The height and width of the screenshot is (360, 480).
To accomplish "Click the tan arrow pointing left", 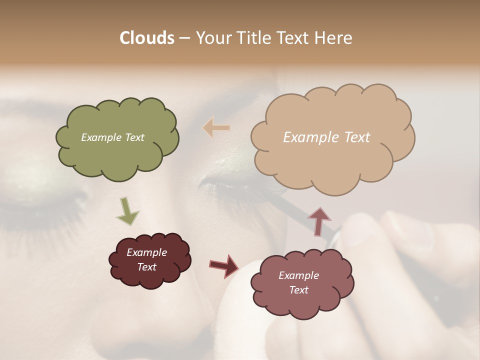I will pyautogui.click(x=216, y=128).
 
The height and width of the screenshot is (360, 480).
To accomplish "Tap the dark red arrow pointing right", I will pyautogui.click(x=224, y=265).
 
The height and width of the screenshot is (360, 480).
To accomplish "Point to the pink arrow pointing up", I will pyautogui.click(x=319, y=220).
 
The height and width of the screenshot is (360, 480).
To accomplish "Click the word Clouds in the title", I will pyautogui.click(x=147, y=38).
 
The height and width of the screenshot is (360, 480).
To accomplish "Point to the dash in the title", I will pyautogui.click(x=184, y=38).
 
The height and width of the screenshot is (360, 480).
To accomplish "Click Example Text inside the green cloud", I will pyautogui.click(x=112, y=137).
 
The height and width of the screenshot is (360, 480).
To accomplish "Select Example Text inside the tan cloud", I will pyautogui.click(x=326, y=137).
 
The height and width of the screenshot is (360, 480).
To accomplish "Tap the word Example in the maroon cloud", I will pyautogui.click(x=146, y=252).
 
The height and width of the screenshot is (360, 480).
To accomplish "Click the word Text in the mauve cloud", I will pyautogui.click(x=298, y=290).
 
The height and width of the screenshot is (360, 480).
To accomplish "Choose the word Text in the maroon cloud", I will pyautogui.click(x=146, y=267).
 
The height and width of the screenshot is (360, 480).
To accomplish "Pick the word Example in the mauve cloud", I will pyautogui.click(x=298, y=275).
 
